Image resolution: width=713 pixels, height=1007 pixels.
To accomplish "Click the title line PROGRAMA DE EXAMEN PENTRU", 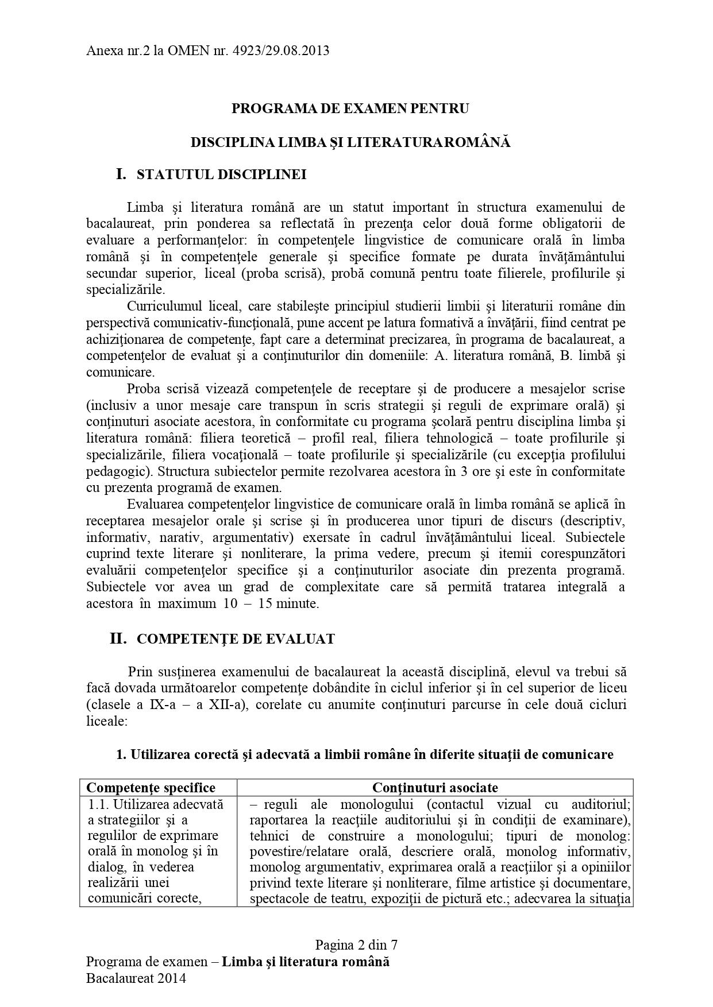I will (x=350, y=108).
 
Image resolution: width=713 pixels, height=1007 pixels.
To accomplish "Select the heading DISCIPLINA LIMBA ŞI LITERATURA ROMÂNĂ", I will (x=350, y=142).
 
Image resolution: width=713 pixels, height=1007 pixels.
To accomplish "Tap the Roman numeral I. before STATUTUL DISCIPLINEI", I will (x=121, y=174).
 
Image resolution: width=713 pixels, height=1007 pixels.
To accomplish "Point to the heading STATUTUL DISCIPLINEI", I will (x=221, y=175).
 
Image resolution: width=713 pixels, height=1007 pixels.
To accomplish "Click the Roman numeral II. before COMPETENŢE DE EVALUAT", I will (x=118, y=638).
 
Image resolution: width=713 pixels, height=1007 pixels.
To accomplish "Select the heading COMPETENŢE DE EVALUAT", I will (x=236, y=639).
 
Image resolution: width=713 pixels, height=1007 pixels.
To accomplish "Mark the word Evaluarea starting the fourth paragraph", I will (x=154, y=505).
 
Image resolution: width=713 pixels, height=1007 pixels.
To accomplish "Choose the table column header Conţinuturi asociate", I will (x=435, y=788).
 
